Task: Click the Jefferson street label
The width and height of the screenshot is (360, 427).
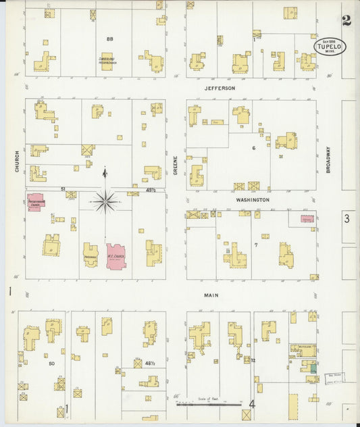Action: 220,89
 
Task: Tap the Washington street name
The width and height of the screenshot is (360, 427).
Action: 253,200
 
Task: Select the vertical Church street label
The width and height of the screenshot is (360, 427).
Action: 16,161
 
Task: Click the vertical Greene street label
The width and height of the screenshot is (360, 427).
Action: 175,164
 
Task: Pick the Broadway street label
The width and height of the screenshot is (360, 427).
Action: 328,160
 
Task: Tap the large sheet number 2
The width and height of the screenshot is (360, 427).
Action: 346,20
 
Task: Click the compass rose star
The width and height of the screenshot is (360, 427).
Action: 105,201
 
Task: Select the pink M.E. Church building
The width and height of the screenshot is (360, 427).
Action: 115,257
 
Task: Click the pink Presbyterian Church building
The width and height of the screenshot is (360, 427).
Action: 35,201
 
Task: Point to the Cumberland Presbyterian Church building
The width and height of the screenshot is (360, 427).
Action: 107,62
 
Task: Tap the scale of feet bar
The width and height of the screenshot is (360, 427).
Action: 209,405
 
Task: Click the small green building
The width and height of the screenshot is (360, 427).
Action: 313,368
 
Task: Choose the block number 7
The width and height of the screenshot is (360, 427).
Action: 256,244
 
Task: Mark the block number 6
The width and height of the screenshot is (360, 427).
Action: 254,147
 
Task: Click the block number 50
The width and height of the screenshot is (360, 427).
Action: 51,363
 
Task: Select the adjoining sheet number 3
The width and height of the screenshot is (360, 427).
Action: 346,218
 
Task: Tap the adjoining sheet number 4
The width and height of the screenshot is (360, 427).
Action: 253,405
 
